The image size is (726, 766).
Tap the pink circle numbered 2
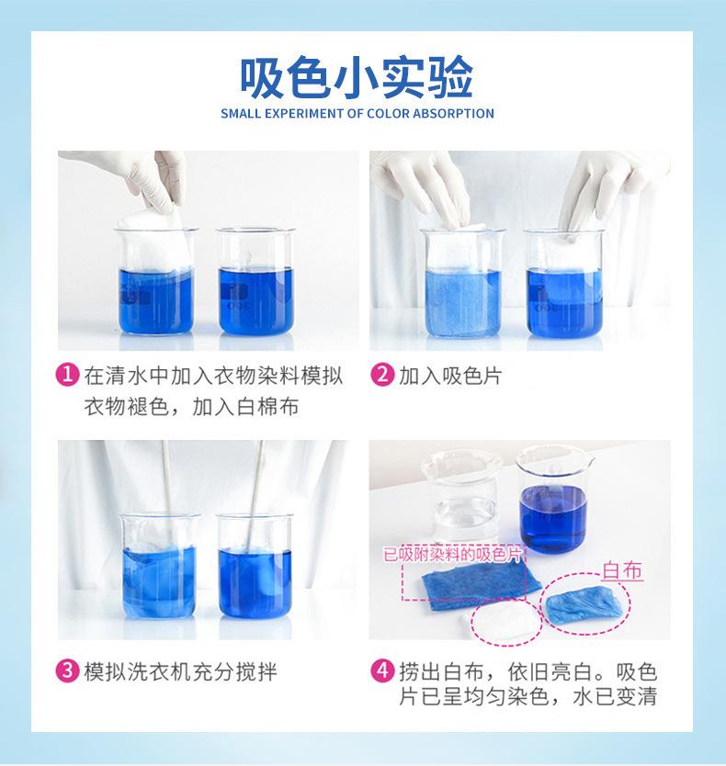[x=381, y=376]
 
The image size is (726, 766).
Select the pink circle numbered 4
[x=381, y=672]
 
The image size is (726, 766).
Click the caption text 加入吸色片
[x=449, y=376]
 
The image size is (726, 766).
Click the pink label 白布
[x=621, y=571]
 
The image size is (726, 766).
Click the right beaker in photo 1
[x=255, y=285]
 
